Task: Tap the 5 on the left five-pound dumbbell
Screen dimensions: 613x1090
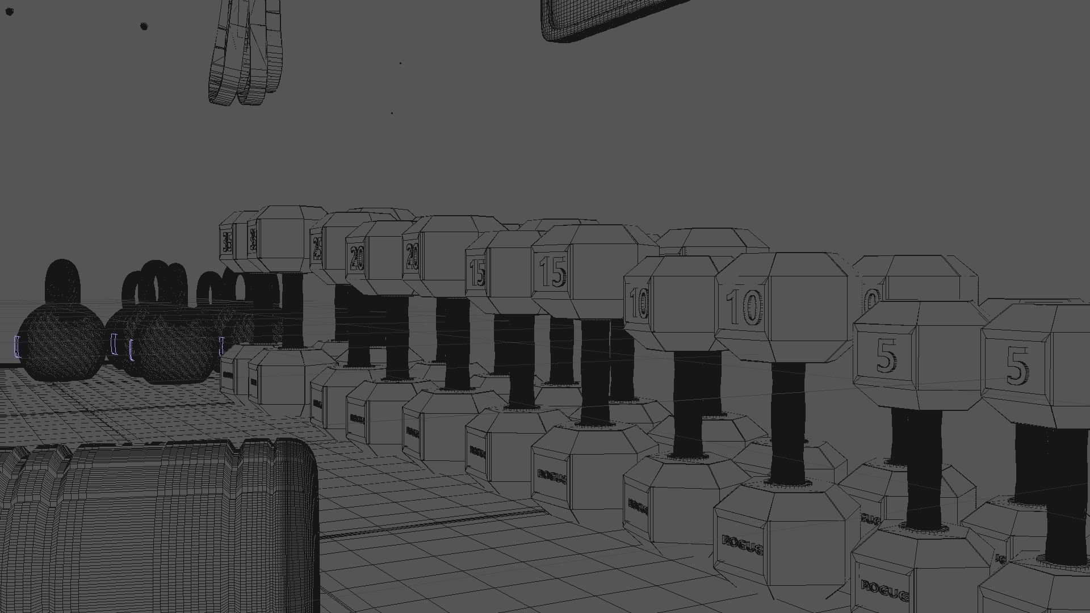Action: click(x=887, y=358)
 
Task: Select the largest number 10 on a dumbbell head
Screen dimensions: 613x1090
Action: click(x=744, y=307)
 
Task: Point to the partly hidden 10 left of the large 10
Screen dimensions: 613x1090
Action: click(x=639, y=303)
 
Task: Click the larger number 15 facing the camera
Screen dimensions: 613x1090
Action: click(x=552, y=272)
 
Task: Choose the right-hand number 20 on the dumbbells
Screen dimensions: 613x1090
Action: click(x=412, y=256)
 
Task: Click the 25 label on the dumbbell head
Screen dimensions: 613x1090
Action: click(x=316, y=248)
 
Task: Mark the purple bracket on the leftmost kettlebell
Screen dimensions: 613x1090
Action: click(x=17, y=346)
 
